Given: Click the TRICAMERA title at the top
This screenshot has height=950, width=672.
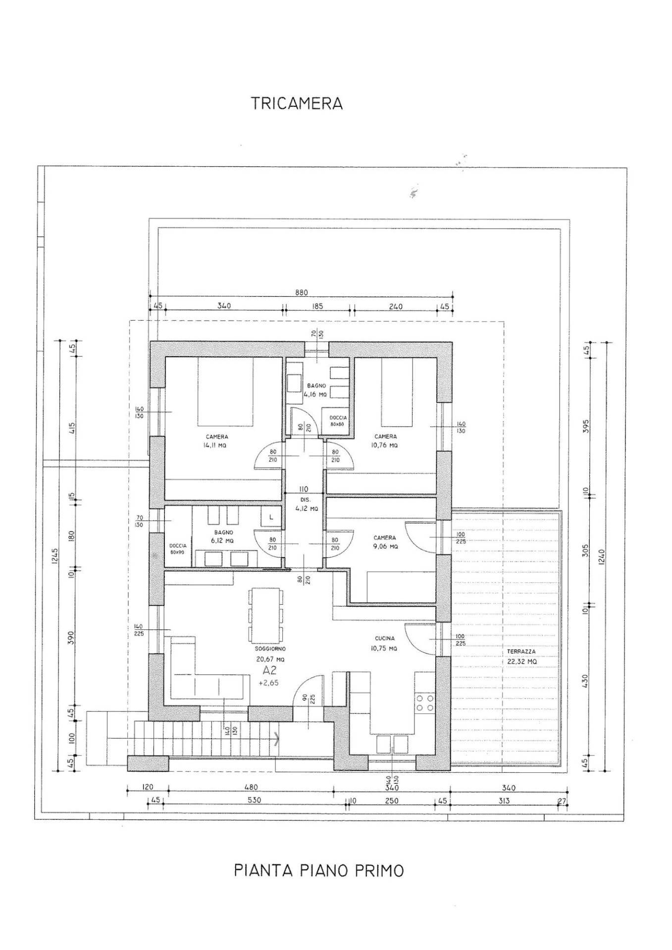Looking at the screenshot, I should coord(296,103).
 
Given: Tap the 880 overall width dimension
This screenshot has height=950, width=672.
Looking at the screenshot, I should coord(302,293).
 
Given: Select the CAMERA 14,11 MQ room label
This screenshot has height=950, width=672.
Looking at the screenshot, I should coord(217,441).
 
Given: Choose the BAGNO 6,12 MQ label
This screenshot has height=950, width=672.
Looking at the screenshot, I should coord(224,537).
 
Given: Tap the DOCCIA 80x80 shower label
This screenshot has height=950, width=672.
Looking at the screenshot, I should coord(338,421).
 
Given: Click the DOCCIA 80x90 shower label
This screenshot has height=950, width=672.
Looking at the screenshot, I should coord(177,548).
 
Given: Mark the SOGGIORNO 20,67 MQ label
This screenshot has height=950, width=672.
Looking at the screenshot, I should coord(270,654).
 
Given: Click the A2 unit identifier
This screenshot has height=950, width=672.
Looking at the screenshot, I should coord(270,671).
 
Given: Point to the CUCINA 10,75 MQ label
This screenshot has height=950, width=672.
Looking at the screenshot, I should coord(384,643).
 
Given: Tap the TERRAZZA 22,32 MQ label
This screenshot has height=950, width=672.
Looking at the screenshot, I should coord(521,656).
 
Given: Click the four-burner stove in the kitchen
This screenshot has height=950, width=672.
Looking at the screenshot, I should coord(424,703).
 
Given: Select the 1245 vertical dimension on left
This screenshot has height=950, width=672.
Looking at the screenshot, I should coord(54,559).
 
